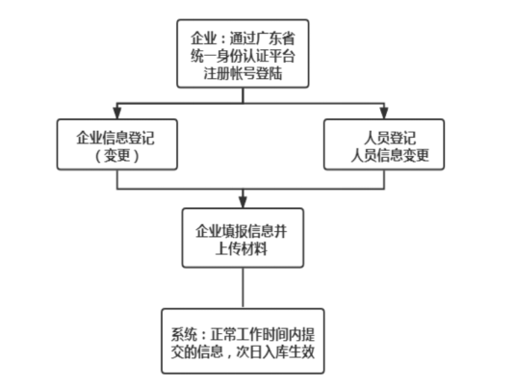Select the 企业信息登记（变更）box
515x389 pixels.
[x=117, y=145]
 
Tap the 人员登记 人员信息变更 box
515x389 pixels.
[x=383, y=145]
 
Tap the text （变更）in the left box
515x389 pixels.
[x=117, y=155]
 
